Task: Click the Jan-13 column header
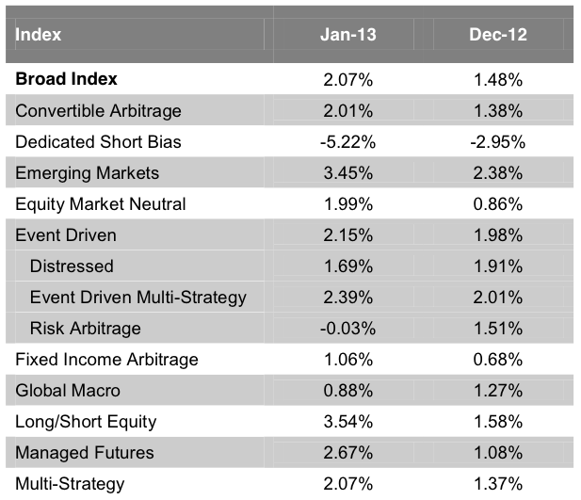347,35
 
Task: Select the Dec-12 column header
497,35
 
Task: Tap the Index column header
39,35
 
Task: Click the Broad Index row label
67,80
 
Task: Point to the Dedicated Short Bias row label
99,142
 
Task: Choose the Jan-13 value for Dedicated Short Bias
347,142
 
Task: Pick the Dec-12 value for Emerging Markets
497,173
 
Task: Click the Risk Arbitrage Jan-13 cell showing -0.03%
347,329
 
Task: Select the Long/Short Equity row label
87,422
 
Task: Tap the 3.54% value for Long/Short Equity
347,422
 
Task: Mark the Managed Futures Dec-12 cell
497,453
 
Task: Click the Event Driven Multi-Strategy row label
138,298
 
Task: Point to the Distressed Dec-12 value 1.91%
497,266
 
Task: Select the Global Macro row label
69,391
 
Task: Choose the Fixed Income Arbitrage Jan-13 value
347,360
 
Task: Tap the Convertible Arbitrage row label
99,111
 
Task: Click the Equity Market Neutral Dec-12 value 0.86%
497,204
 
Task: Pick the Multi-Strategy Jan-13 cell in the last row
347,484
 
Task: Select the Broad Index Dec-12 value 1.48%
497,80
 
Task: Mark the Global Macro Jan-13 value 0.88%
347,391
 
